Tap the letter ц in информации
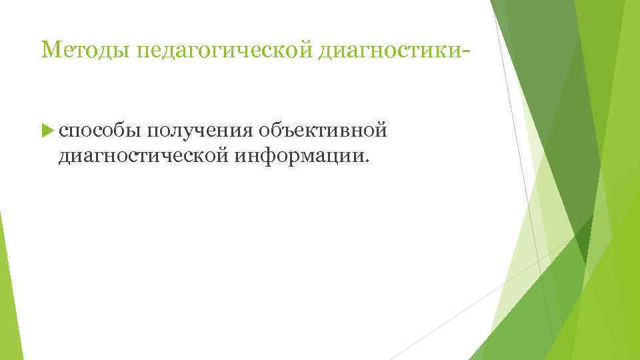click(329, 157)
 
